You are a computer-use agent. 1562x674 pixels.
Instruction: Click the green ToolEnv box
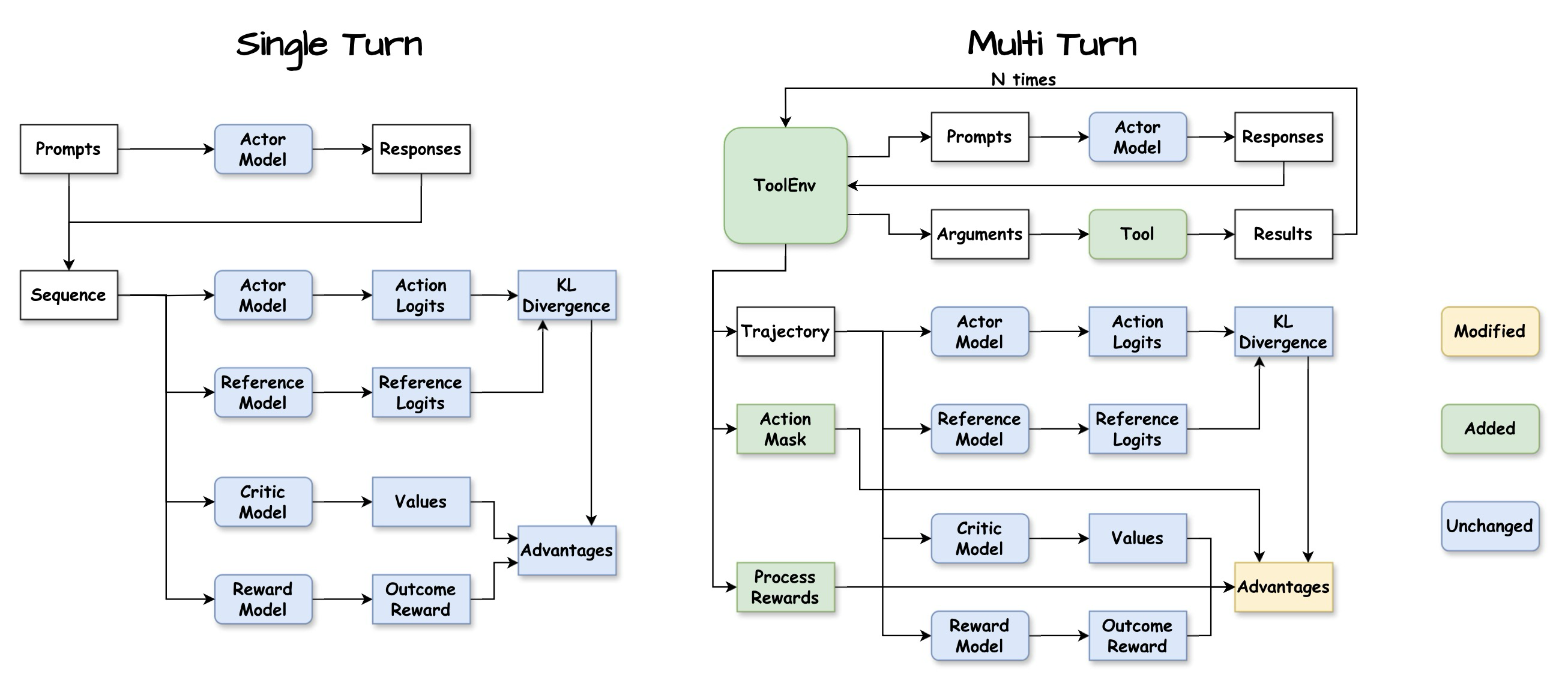pyautogui.click(x=785, y=185)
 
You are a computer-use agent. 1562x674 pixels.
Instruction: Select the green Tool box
pyautogui.click(x=1137, y=234)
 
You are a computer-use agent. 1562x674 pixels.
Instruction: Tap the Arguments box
pyautogui.click(x=979, y=234)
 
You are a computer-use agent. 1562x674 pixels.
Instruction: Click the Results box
pyautogui.click(x=1283, y=234)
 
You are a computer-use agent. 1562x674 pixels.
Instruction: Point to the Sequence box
pyautogui.click(x=68, y=295)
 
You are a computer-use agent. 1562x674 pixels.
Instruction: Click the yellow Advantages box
pyautogui.click(x=1283, y=587)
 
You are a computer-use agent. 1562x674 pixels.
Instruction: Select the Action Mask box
pyautogui.click(x=785, y=429)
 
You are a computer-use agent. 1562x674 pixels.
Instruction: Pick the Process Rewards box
pyautogui.click(x=785, y=587)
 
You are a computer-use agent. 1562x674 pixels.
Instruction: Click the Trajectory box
pyautogui.click(x=785, y=331)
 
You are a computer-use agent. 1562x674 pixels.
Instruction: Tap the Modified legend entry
pyautogui.click(x=1489, y=331)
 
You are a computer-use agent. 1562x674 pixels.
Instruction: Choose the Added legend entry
pyautogui.click(x=1489, y=429)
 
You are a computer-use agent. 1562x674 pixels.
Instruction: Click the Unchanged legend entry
pyautogui.click(x=1489, y=526)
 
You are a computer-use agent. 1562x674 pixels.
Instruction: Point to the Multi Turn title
pyautogui.click(x=1052, y=44)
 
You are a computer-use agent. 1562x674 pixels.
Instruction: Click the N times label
pyautogui.click(x=1023, y=79)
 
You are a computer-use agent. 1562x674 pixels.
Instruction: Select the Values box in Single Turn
pyautogui.click(x=421, y=502)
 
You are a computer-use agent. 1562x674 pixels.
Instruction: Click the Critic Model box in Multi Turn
pyautogui.click(x=979, y=538)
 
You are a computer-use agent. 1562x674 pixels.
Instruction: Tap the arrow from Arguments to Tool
pyautogui.click(x=1058, y=234)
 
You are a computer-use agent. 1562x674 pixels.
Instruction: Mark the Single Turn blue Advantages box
pyautogui.click(x=566, y=550)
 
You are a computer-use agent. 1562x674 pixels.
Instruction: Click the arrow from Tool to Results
pyautogui.click(x=1210, y=234)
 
